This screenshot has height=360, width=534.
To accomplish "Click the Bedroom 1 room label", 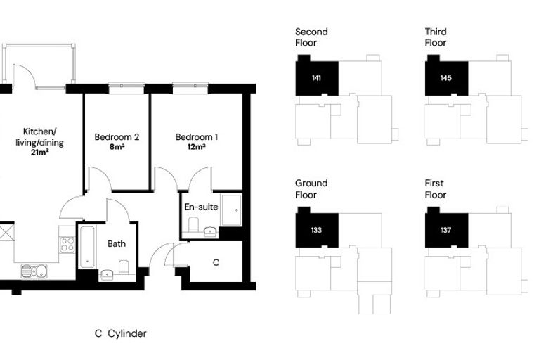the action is click(x=197, y=137).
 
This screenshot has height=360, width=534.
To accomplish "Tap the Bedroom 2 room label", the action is click(x=117, y=137).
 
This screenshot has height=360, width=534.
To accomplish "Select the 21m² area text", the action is click(x=39, y=152).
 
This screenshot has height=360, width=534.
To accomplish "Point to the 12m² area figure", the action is click(x=196, y=147).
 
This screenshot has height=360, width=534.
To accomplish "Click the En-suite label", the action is click(x=201, y=207).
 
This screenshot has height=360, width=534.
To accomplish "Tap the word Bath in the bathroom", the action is click(x=117, y=243).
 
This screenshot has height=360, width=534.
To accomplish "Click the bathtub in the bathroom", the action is click(x=88, y=247).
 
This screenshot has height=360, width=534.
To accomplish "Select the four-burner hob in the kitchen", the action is click(x=67, y=245).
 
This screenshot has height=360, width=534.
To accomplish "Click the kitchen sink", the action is click(x=34, y=271).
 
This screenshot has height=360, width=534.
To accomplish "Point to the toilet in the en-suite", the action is click(x=193, y=224).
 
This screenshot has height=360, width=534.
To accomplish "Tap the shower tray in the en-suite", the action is click(x=232, y=210).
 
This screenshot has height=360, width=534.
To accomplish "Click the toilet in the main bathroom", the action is click(x=124, y=267).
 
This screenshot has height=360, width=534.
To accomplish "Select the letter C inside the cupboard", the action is click(x=216, y=262).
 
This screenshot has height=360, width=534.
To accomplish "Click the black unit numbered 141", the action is click(x=317, y=78).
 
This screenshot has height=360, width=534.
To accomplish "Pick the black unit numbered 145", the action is click(x=446, y=78).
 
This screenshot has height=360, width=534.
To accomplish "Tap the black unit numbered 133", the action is click(x=317, y=230).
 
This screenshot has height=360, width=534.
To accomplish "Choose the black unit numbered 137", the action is click(x=446, y=230).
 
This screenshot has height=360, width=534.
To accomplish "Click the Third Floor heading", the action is click(x=436, y=37).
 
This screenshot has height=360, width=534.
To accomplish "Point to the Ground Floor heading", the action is click(x=311, y=189).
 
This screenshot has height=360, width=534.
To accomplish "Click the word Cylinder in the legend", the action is click(x=127, y=333).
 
